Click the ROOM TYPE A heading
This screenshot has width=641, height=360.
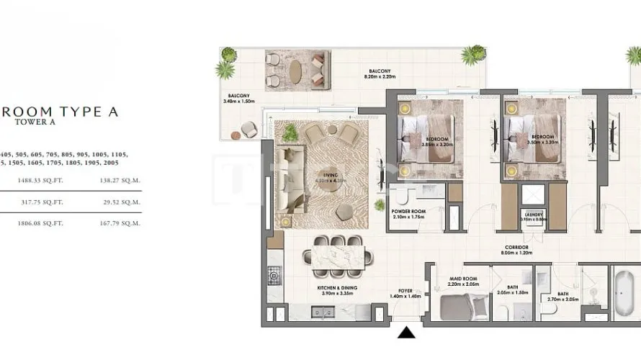tap(59, 112)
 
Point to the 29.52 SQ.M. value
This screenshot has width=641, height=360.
tap(120, 203)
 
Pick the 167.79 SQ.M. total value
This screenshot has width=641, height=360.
tap(120, 223)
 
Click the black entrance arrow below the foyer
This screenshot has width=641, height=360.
tap(407, 332)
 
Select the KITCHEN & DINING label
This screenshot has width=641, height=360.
tap(338, 288)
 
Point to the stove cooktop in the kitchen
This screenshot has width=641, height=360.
tap(274, 274)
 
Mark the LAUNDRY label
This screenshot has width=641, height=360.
tap(534, 215)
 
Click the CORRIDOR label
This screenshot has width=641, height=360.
tap(517, 248)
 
